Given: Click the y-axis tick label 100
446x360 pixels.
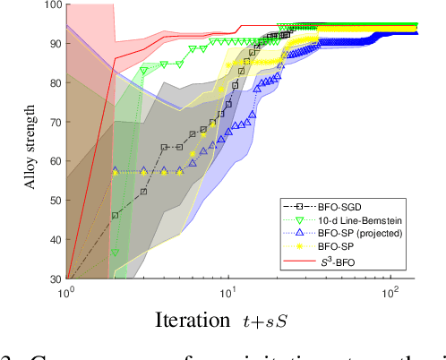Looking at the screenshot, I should tap(49, 6).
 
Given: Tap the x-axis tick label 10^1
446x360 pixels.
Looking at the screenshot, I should tap(228, 292).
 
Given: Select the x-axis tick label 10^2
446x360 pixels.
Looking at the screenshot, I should tap(390, 292).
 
